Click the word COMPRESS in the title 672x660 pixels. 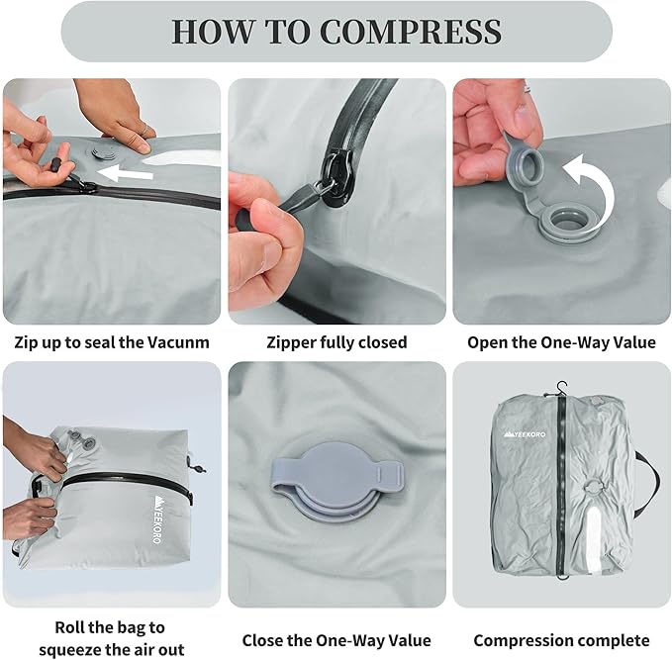(x=411, y=32)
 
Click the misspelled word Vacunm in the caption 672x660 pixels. (x=178, y=342)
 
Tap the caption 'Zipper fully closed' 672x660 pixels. (x=336, y=342)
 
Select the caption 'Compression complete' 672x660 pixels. (x=561, y=641)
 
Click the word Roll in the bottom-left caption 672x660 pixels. (x=69, y=627)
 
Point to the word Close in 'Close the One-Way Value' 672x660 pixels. (x=262, y=640)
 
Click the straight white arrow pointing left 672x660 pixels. (x=125, y=173)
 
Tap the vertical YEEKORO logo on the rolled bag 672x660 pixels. (x=157, y=519)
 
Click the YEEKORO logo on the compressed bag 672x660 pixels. (x=525, y=434)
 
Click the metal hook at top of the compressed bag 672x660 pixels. (x=560, y=387)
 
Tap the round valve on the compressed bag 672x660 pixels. (x=593, y=486)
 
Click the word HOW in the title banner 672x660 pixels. (x=213, y=32)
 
